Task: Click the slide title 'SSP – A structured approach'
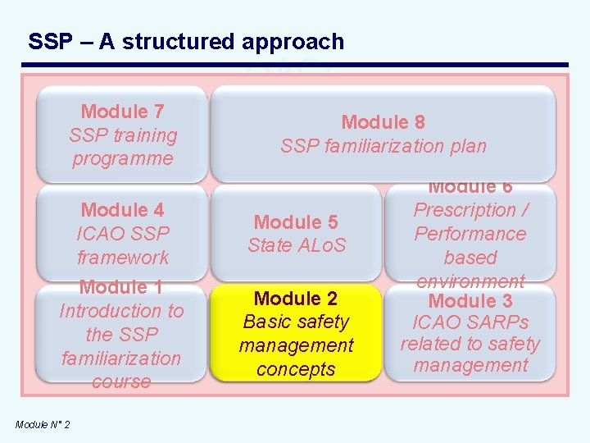coord(186,42)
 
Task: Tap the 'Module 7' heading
coord(123,112)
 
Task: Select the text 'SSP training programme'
coord(123,147)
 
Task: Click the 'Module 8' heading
coord(383,123)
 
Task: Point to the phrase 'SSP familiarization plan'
coord(383,147)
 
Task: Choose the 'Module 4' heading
coord(123,210)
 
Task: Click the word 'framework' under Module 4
coord(123,258)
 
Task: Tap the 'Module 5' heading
coord(296,221)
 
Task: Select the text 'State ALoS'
coord(297,245)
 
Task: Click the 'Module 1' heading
coord(121,287)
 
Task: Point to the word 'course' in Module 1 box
coord(121,382)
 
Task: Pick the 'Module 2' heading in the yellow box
coord(296,299)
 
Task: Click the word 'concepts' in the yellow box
coord(296,370)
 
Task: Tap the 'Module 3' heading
coord(470,300)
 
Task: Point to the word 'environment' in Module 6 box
coord(470,281)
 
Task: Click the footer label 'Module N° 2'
coord(43,424)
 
